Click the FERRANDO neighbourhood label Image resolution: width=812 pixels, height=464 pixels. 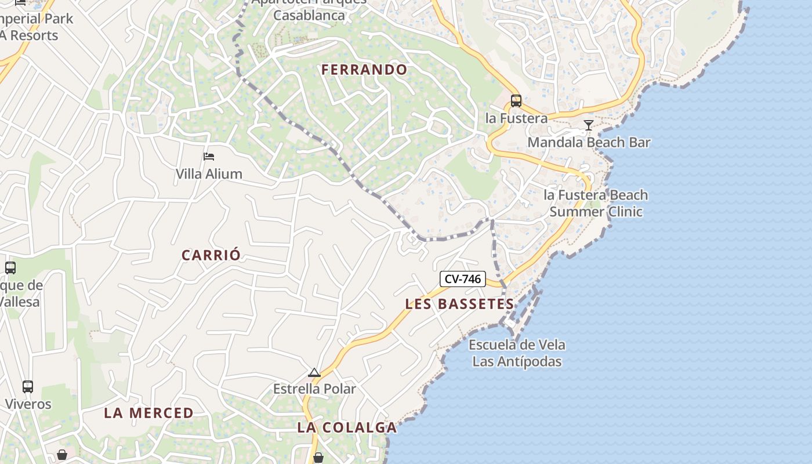point(364,70)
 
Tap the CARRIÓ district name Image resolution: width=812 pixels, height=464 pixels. point(211,255)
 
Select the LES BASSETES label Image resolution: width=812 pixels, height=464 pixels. point(459,304)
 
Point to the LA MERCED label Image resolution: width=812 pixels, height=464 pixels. point(148,413)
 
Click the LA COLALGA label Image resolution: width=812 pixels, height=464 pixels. point(347,427)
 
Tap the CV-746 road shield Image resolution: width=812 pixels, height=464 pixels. point(462,279)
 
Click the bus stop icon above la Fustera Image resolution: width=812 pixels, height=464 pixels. point(516,101)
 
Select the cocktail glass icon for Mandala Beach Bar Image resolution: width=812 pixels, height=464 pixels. point(588,125)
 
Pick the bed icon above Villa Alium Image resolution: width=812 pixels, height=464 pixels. point(209,157)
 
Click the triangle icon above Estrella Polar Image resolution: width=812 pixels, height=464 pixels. point(314,372)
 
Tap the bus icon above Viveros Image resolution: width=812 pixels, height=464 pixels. point(27,386)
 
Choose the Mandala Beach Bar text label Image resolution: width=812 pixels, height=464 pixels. point(589,142)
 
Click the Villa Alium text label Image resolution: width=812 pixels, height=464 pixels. point(209,173)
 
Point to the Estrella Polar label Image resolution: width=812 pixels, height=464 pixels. point(314,389)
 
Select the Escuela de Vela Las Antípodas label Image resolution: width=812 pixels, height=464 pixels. point(517,353)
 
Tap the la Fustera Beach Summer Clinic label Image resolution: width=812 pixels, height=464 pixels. point(596,203)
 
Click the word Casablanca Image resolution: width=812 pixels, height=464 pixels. point(309,15)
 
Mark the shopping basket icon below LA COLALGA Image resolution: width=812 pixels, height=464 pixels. point(318,458)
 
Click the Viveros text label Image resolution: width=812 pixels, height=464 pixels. point(28,404)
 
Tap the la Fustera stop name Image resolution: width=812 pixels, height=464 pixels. point(516,118)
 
